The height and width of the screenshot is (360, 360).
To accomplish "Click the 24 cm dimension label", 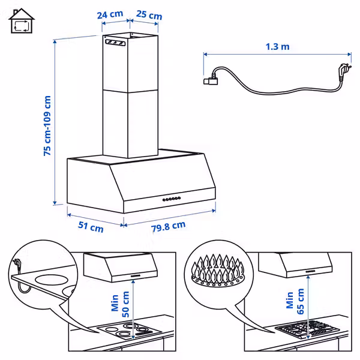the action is tap(110, 14).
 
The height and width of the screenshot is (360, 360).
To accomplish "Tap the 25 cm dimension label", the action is tap(149, 15).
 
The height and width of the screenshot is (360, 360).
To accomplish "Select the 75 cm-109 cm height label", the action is tap(47, 126).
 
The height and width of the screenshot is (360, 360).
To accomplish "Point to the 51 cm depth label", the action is tap(91, 227).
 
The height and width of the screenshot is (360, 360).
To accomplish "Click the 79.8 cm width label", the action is tap(168, 226).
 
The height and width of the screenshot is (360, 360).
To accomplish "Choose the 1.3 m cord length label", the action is tap(277, 47).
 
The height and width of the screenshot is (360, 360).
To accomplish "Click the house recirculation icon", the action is tap(22, 21).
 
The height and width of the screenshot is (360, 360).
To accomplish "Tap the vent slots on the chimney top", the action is tap(115, 43).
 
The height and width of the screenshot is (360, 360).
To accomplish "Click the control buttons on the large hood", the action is tap(172, 199).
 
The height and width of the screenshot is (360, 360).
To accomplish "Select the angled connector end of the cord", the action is tap(211, 79).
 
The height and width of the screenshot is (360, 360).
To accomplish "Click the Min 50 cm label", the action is tap(120, 304).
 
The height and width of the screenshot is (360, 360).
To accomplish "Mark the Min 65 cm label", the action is tap(295, 301).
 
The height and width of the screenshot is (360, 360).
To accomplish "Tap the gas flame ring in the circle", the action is tap(218, 270).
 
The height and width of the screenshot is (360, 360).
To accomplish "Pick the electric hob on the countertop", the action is tap(130, 331).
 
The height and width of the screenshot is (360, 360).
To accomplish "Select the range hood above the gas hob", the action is tap(295, 265).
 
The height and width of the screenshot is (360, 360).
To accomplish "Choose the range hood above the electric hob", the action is tap(121, 268).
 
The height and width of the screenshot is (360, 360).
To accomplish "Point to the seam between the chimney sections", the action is tap(130, 91).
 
